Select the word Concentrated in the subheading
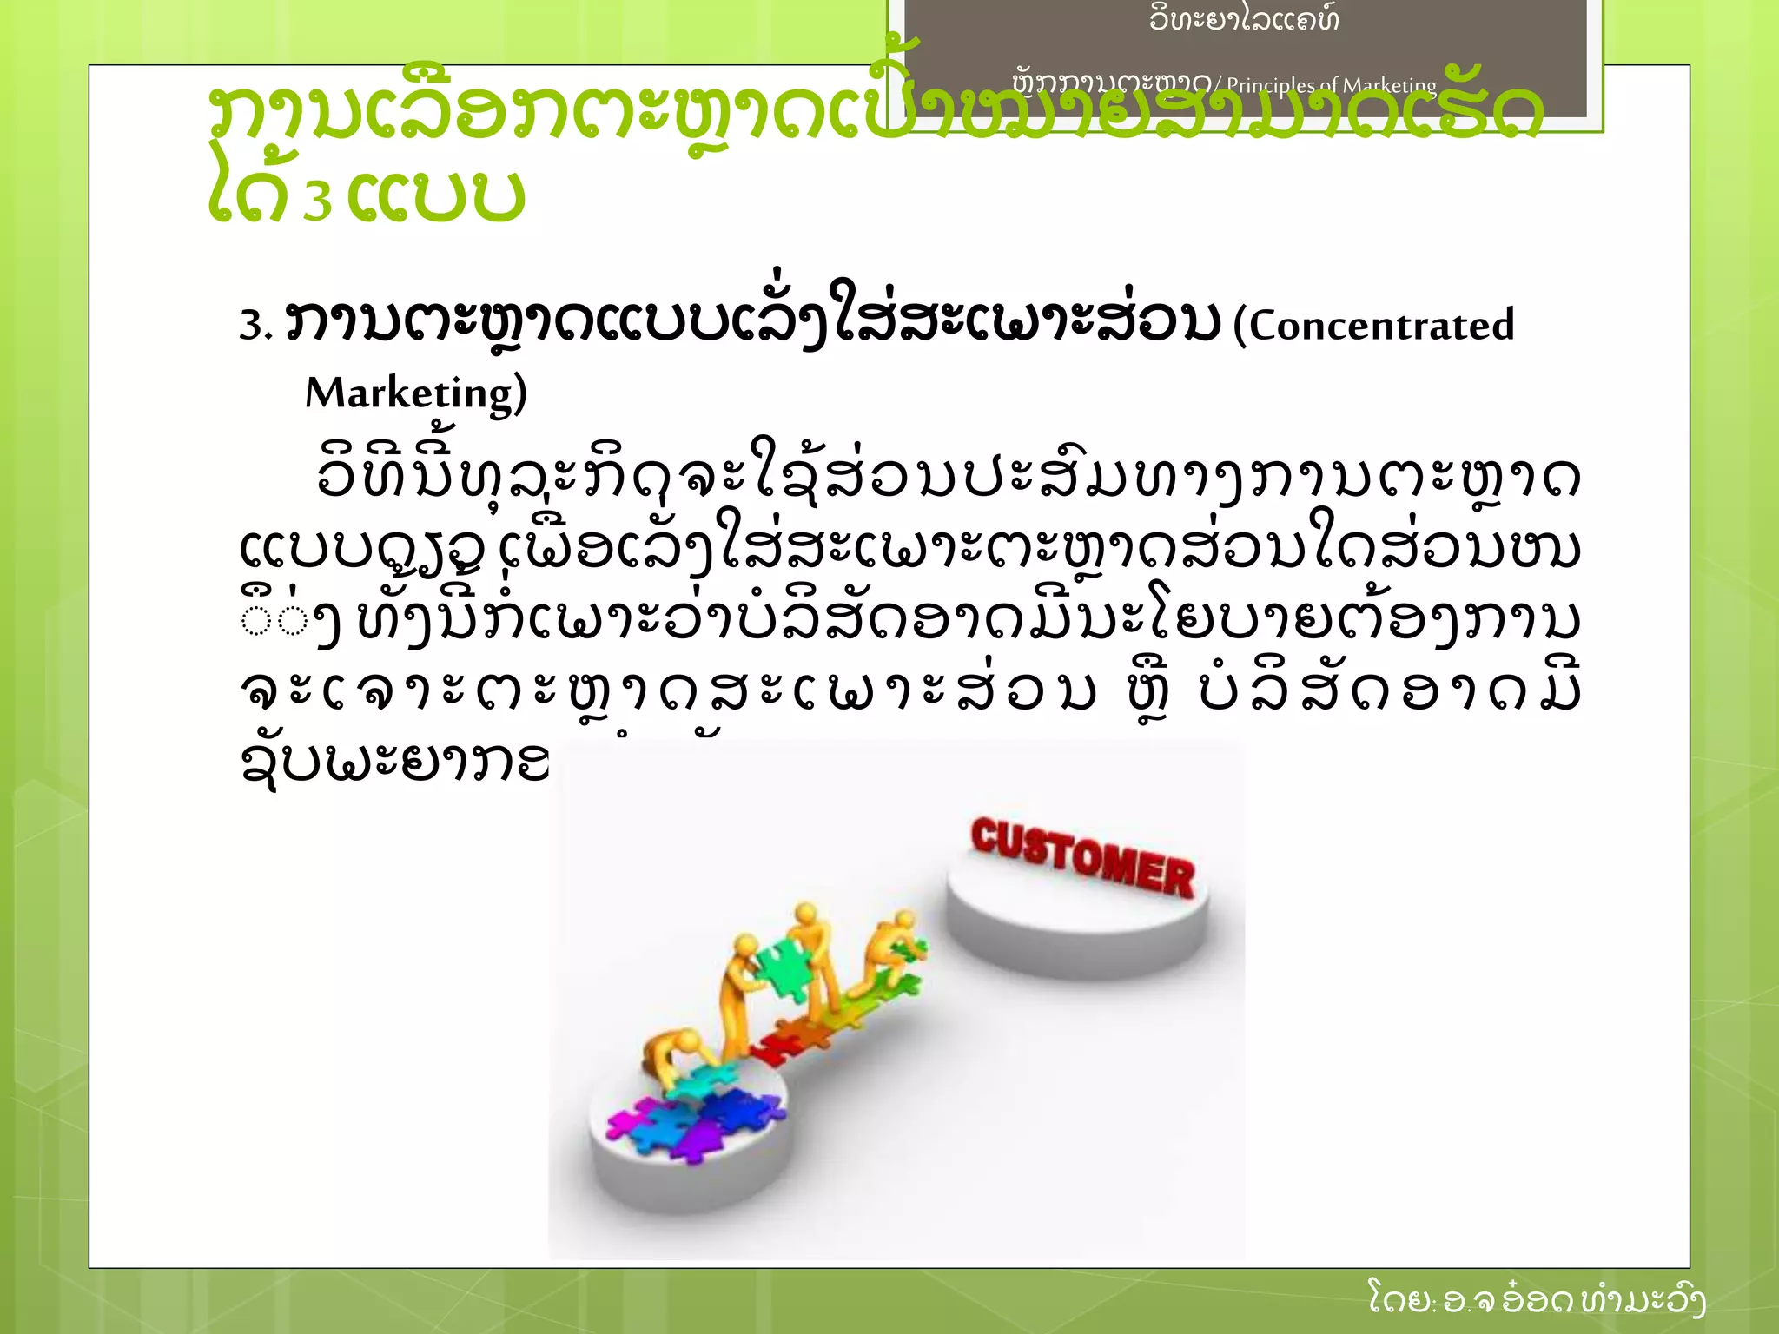1381,326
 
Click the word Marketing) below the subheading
415,393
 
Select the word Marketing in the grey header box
1390,85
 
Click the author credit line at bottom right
1536,1300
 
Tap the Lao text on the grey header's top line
1243,19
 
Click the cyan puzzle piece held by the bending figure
695,1082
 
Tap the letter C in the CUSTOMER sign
984,835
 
